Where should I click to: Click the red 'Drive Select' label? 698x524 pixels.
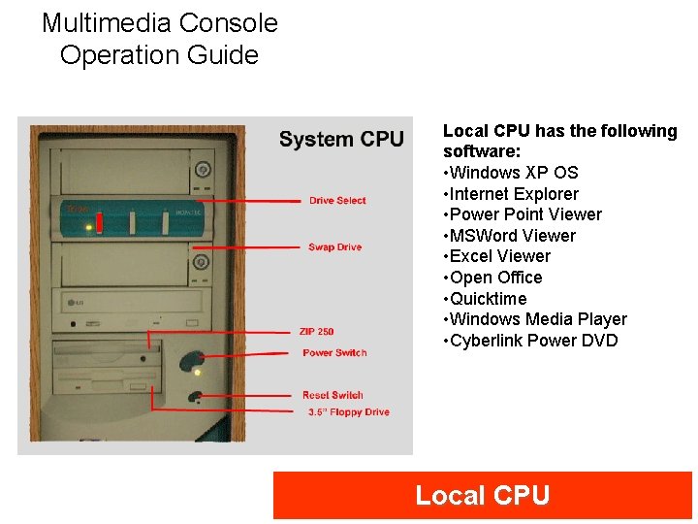coord(337,201)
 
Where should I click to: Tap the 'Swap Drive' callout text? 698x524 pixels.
coord(334,247)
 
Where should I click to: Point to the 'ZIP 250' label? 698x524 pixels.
coord(317,332)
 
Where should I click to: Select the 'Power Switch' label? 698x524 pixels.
coord(334,353)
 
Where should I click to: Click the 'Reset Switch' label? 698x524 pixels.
coord(333,395)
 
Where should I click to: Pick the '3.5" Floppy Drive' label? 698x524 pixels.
coord(349,412)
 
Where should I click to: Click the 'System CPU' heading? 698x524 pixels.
coord(341,139)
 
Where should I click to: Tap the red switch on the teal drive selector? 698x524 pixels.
coord(99,223)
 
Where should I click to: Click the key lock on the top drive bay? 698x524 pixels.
coord(202,168)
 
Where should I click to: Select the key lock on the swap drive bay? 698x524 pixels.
coord(202,262)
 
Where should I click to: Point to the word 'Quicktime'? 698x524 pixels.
coord(489,299)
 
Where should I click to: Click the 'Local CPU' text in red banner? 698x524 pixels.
coord(482,496)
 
